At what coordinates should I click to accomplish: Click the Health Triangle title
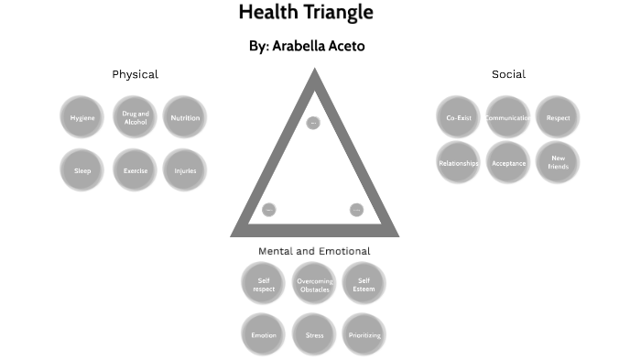coord(306,13)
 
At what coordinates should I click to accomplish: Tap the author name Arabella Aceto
coord(307,46)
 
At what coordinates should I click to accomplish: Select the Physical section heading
coord(135,74)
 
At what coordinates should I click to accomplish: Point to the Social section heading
coord(508,74)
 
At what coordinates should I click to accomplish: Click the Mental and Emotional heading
coord(314,251)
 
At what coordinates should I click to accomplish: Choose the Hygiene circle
coord(82,117)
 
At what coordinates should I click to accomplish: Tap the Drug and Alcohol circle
coord(136,117)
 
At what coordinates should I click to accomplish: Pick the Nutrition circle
coord(185,117)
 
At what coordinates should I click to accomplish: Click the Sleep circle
coord(82,169)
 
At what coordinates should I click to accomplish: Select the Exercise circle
coord(136,169)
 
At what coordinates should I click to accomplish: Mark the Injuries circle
coord(185,169)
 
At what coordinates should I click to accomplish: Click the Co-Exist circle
coord(459,117)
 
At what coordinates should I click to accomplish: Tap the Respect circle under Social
coord(558,117)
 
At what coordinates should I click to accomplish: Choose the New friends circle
coord(558,163)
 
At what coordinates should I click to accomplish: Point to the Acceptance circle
coord(508,163)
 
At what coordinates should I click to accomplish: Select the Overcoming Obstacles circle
coord(314,285)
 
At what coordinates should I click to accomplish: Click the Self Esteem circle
coord(364,285)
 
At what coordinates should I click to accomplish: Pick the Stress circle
coord(314,335)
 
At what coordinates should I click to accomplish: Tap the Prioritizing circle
coord(364,335)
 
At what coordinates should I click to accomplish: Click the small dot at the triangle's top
coord(313,123)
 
